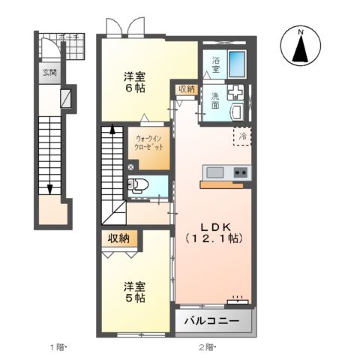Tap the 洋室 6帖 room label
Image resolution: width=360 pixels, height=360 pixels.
point(135,81)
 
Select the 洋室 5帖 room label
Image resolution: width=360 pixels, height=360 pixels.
point(135,291)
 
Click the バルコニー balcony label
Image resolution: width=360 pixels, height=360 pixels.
point(213,321)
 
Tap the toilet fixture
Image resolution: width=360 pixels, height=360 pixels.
point(143,187)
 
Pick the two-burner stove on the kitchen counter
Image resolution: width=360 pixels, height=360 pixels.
point(240,172)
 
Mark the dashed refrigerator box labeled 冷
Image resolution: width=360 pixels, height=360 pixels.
point(242,136)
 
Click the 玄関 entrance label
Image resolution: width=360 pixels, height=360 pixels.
point(49,72)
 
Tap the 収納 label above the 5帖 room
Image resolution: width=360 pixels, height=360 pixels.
point(118,238)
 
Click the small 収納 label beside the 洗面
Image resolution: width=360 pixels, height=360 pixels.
point(187,89)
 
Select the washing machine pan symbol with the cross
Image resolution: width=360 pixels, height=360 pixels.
point(232,93)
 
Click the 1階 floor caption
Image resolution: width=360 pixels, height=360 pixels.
point(58,346)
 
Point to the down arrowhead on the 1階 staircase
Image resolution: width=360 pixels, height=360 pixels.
point(49,189)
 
